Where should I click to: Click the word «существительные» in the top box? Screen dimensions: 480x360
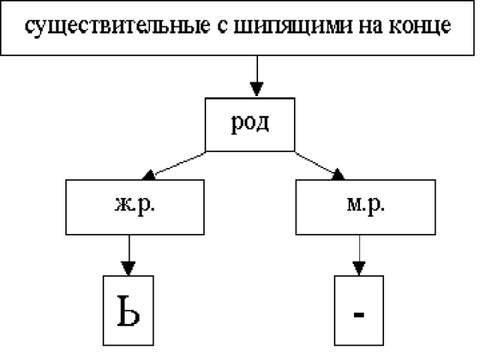[118, 26]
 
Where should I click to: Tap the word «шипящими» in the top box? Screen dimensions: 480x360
[293, 26]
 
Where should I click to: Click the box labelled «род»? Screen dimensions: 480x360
[250, 124]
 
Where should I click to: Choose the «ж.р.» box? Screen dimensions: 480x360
[135, 207]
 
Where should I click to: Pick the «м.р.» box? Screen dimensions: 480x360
[365, 207]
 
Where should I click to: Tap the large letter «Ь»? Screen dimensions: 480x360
[128, 310]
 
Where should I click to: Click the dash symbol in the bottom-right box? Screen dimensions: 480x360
[358, 314]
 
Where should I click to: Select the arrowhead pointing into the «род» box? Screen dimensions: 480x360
[256, 89]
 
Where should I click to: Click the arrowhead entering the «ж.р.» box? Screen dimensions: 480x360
[149, 175]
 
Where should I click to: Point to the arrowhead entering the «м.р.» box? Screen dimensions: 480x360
[338, 174]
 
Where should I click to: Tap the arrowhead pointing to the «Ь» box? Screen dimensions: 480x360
[128, 268]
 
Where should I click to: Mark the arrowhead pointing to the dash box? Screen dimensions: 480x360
[358, 268]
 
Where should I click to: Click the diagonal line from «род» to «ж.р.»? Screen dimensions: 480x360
[180, 163]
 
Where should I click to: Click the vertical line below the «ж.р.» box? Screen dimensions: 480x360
[129, 248]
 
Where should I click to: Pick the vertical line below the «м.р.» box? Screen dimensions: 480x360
[359, 248]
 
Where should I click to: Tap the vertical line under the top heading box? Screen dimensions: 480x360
[257, 69]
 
